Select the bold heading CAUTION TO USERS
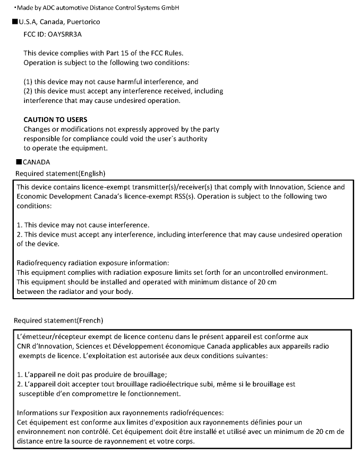(x=55, y=119)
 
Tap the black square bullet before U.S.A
(x=14, y=22)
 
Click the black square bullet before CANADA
(x=19, y=162)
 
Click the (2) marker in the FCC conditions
(x=28, y=91)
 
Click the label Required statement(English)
(x=61, y=173)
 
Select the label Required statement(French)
(x=58, y=320)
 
